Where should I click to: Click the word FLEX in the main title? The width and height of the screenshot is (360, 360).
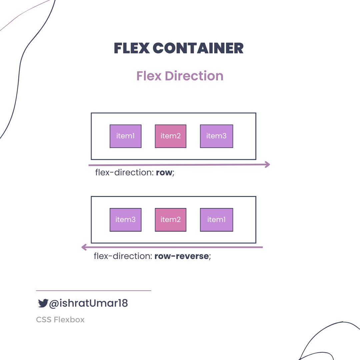coord(131,48)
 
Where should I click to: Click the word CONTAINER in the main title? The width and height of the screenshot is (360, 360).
coord(198,48)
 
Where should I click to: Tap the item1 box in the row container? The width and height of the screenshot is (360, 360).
coord(126,136)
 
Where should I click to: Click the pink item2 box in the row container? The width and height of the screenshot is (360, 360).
coord(171,136)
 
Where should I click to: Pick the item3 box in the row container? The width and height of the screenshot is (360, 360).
coord(216,136)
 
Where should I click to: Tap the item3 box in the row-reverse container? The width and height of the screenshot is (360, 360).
coord(126,220)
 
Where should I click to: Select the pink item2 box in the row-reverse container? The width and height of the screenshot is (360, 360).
coord(171,220)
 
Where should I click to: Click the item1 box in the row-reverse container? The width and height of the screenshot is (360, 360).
coord(216,220)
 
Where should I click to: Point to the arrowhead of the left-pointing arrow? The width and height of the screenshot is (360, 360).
coord(84,247)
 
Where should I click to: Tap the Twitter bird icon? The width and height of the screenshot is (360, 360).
coord(43,303)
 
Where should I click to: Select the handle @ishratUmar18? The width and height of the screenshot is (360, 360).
coord(88,303)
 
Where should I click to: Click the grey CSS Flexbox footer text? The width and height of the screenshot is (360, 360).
coord(60,320)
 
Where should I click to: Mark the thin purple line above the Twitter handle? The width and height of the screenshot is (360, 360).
coord(93,291)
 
